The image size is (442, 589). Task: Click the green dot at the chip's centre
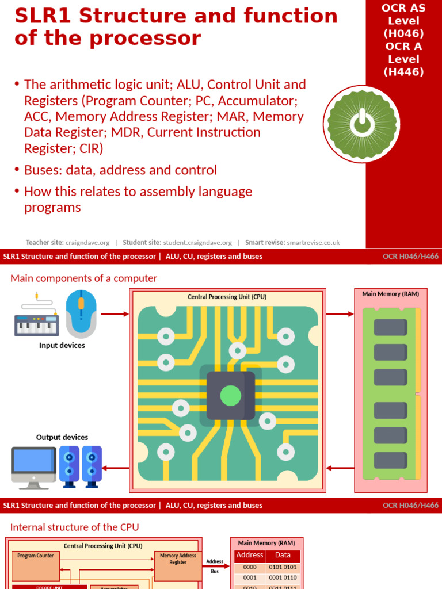click(x=231, y=395)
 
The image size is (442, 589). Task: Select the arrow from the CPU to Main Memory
click(x=340, y=314)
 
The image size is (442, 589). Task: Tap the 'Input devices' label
click(x=62, y=346)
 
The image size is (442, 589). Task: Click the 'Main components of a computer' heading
click(x=84, y=278)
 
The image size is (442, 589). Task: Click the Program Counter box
click(x=36, y=565)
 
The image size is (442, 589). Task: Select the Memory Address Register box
click(x=178, y=565)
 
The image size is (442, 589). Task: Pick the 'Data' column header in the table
click(x=283, y=556)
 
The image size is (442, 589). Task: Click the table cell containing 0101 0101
click(x=283, y=567)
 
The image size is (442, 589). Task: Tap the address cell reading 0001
click(x=250, y=577)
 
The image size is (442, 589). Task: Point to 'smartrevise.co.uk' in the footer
click(x=314, y=243)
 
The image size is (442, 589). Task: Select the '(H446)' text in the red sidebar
click(x=403, y=72)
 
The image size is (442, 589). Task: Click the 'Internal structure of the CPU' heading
click(x=75, y=527)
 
